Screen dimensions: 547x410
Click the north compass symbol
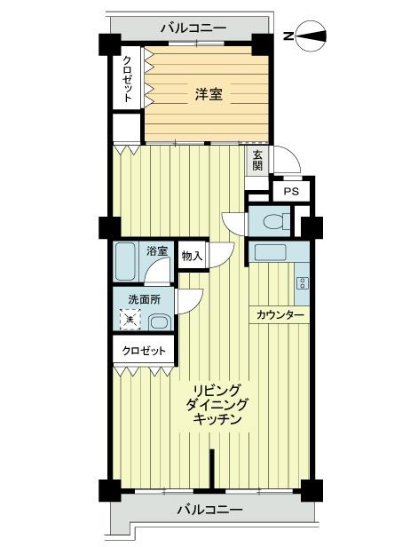[312, 36]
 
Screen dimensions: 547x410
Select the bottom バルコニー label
[209, 509]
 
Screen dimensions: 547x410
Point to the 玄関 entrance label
[257, 159]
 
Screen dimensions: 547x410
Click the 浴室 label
[157, 250]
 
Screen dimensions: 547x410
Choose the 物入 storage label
[192, 256]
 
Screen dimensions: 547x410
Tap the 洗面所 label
[144, 299]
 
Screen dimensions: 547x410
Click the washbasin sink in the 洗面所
[160, 321]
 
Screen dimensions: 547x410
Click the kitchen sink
[269, 252]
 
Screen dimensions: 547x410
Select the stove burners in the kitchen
[303, 283]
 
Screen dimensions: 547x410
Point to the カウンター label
[280, 315]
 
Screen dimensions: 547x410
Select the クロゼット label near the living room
[144, 351]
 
